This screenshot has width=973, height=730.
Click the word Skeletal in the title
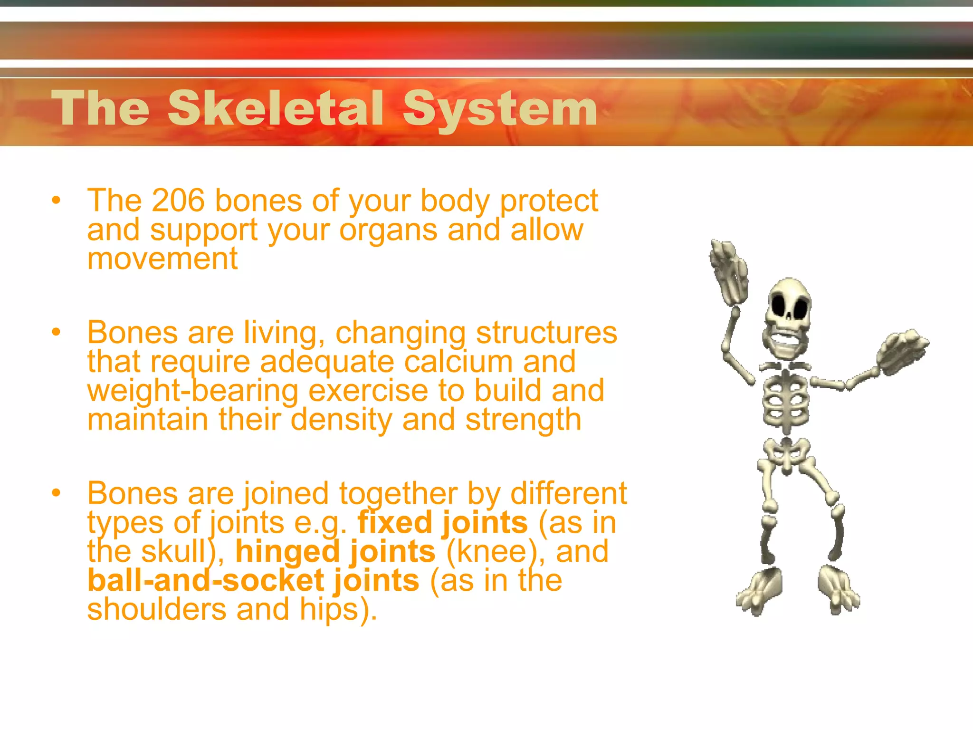[x=276, y=109]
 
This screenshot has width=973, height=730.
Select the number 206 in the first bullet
[x=178, y=201]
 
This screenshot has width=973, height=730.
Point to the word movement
[x=162, y=259]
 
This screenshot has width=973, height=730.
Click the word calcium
[x=458, y=362]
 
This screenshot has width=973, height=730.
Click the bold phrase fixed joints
[x=442, y=522]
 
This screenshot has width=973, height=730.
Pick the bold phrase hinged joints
[x=335, y=552]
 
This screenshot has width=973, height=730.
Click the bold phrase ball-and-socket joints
[x=253, y=581]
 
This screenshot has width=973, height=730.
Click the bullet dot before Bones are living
[x=57, y=332]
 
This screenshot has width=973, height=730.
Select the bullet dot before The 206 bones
[x=57, y=200]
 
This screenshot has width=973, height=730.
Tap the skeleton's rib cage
[x=786, y=402]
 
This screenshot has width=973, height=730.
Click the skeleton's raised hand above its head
[x=729, y=271]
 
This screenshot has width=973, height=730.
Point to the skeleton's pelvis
[x=786, y=451]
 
